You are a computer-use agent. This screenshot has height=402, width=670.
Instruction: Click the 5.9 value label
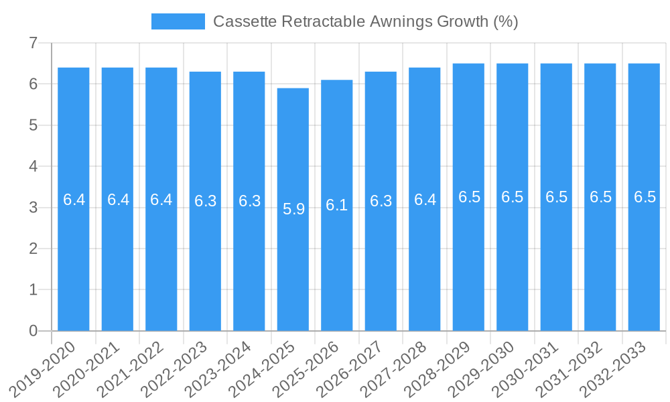point(293,209)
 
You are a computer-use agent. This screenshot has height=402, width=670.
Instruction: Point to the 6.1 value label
point(337,205)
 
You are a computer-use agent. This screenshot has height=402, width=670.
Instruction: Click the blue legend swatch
point(178,21)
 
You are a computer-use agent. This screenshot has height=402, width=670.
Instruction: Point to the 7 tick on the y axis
point(33,44)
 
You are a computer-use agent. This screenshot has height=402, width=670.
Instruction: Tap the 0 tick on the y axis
point(33,331)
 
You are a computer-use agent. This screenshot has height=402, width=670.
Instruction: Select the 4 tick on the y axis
point(33,166)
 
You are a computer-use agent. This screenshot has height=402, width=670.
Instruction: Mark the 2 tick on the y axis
point(33,249)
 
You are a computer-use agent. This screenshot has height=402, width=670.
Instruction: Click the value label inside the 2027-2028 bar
point(425,200)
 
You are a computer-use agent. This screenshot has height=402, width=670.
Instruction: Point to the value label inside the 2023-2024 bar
point(249,201)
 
